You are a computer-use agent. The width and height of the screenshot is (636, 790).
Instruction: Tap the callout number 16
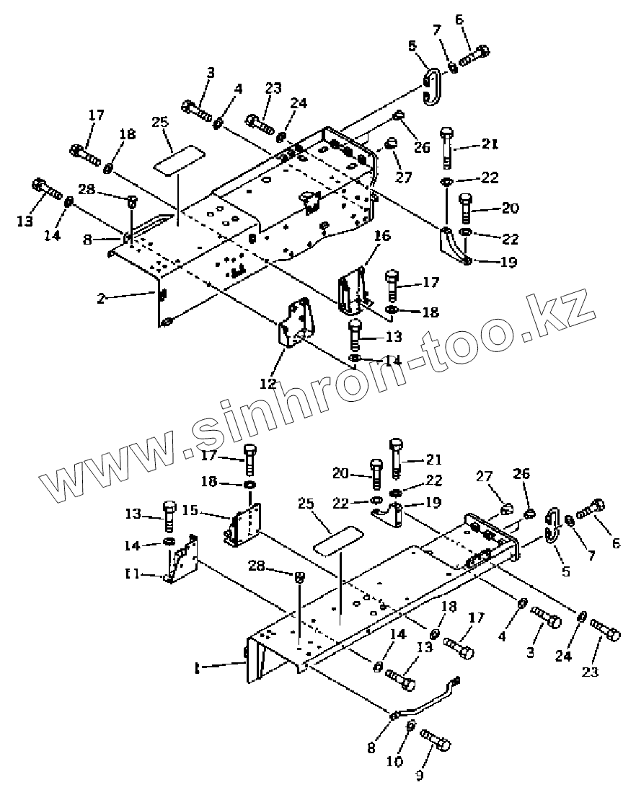point(381,235)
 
